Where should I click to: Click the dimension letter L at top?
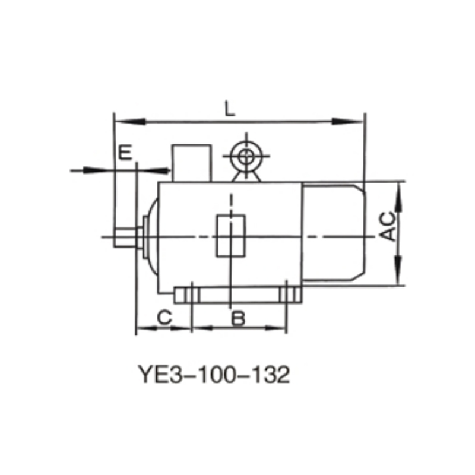(x=230, y=109)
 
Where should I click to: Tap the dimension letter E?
(x=124, y=153)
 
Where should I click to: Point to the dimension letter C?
(x=164, y=317)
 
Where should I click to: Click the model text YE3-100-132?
(x=214, y=375)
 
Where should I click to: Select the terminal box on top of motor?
(x=191, y=162)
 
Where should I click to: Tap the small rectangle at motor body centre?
(x=230, y=235)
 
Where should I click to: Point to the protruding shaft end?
(x=125, y=237)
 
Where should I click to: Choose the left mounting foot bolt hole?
(x=192, y=295)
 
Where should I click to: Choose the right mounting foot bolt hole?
(x=287, y=295)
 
